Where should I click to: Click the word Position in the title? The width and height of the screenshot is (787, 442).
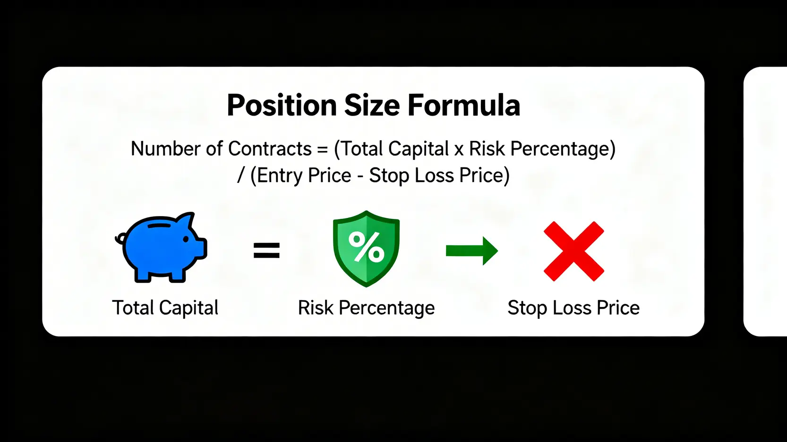pos(282,105)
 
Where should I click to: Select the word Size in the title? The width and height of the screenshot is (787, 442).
pos(372,105)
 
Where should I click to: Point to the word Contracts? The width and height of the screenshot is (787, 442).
pos(270,149)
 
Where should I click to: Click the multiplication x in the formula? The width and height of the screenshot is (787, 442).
pos(459,150)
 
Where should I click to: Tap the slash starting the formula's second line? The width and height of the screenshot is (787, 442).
pos(240,175)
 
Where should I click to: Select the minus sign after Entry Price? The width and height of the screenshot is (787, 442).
pos(360,176)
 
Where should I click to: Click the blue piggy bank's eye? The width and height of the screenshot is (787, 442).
pos(186,239)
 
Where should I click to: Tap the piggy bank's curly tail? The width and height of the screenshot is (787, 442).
pos(120,239)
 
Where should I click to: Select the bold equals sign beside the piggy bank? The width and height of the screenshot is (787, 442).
pos(267,250)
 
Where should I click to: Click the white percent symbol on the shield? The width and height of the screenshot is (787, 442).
pos(366,247)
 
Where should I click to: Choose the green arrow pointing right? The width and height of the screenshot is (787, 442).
pos(472,251)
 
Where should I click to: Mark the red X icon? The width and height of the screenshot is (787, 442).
pos(574,251)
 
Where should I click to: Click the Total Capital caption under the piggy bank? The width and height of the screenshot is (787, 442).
pos(165,308)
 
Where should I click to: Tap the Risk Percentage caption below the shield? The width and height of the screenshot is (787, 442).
pos(367,308)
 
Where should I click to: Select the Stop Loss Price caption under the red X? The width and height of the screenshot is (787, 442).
pos(573,308)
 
